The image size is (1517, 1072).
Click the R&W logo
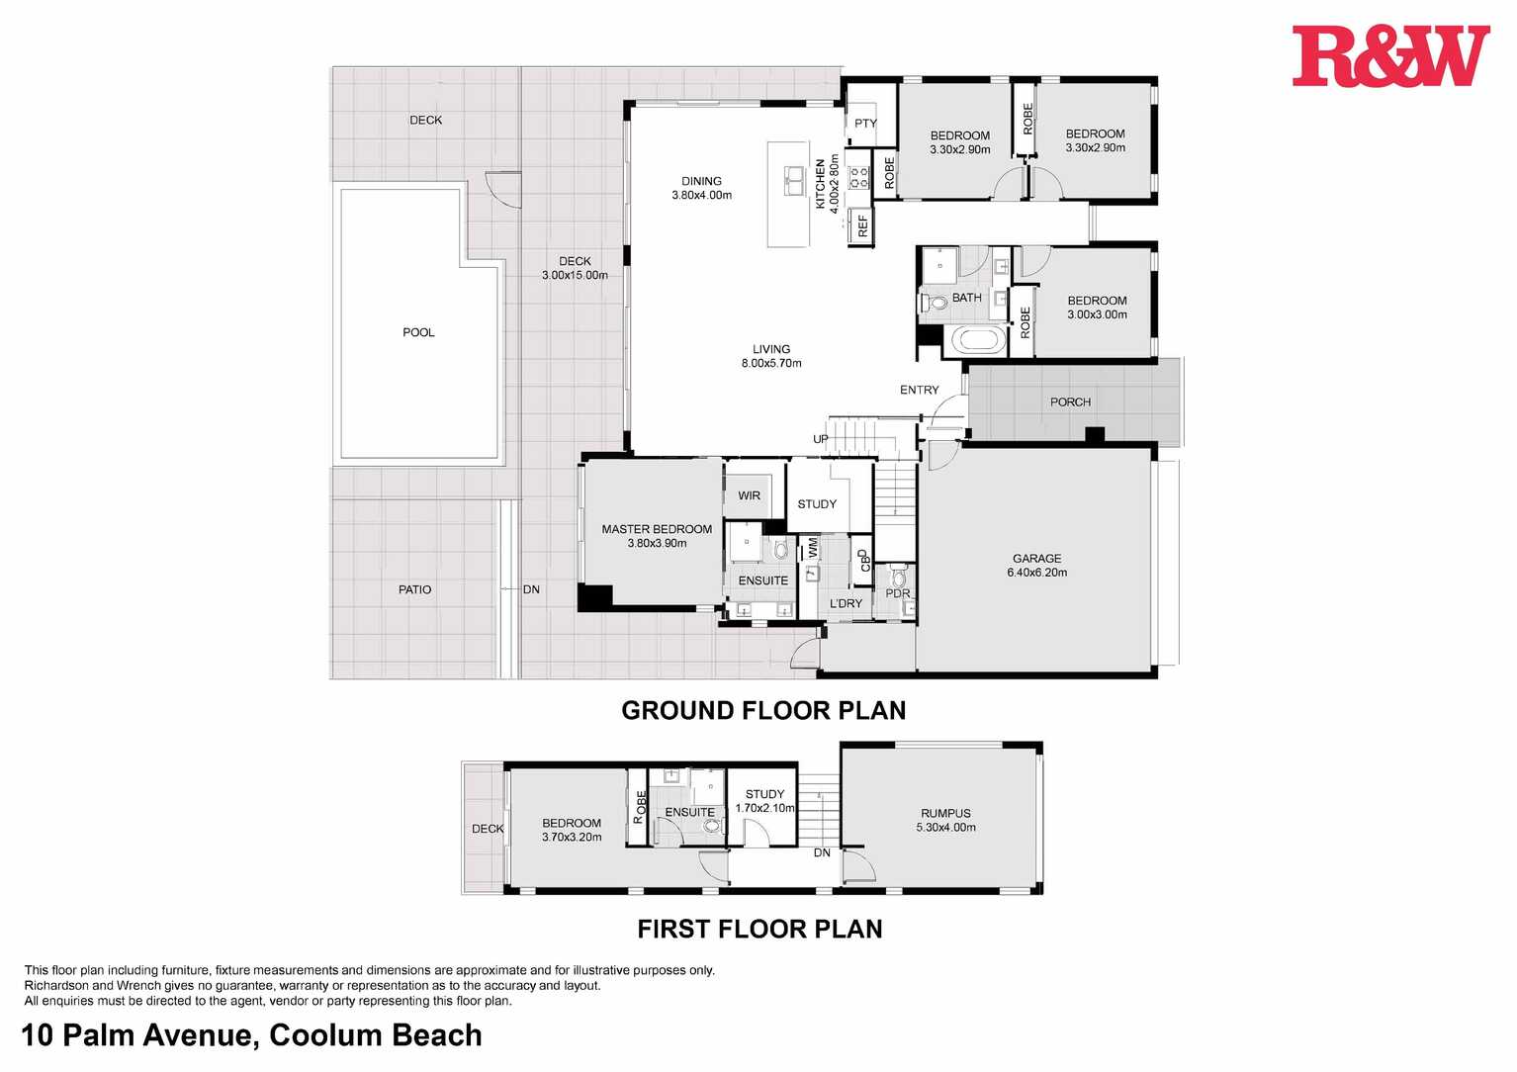[1389, 56]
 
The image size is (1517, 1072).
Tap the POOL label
[418, 332]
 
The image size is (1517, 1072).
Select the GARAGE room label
[1036, 559]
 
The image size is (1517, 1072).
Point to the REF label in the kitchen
[863, 225]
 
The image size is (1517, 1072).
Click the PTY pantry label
[865, 124]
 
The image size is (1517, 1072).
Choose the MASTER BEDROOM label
[657, 529]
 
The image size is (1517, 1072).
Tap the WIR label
[749, 495]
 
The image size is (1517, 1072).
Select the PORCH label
[1070, 402]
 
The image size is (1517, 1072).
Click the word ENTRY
[919, 391]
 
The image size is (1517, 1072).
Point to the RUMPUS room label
[945, 814]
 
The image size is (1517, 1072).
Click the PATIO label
[414, 589]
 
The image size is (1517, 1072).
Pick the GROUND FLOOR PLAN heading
[763, 710]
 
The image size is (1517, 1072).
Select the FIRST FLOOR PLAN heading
[759, 929]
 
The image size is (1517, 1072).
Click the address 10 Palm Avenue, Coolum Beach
[252, 1035]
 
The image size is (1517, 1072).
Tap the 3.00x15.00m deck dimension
[575, 275]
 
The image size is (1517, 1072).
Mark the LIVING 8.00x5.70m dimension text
[771, 363]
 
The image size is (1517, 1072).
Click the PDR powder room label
[897, 593]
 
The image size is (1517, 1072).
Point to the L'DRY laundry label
[846, 603]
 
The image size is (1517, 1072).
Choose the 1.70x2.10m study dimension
[764, 808]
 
